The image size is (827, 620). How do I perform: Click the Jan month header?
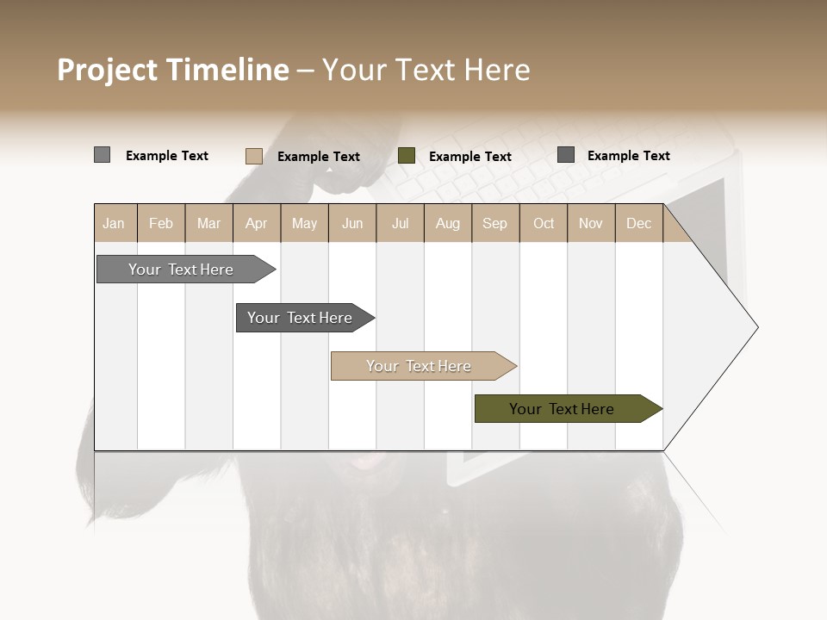pos(114,223)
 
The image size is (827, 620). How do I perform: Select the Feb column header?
pos(161,223)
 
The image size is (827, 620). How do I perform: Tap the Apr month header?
pos(256,223)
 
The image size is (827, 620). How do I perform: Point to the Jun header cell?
pos(352,223)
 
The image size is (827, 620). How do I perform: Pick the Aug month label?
pos(447,223)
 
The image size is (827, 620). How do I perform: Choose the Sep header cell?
pos(494,223)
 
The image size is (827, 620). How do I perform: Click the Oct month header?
pos(544,223)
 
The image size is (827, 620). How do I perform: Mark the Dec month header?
pos(638,223)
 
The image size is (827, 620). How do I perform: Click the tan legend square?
pos(253,156)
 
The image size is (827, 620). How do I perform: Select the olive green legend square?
pos(407,156)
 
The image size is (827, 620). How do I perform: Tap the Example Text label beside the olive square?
pos(469,157)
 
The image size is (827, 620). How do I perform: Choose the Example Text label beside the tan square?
pos(318,157)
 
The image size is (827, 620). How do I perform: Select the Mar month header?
pos(208,223)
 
